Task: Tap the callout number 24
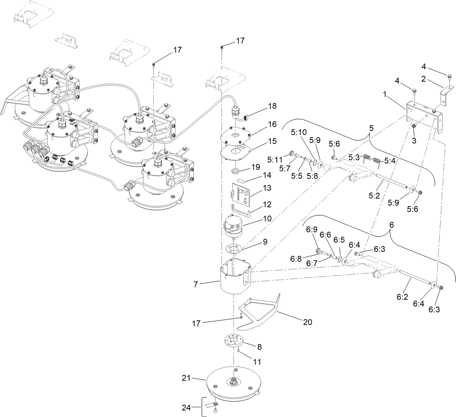pyautogui.click(x=186, y=408)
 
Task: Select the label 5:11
pyautogui.click(x=275, y=160)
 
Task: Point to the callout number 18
pyautogui.click(x=272, y=106)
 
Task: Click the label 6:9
pyautogui.click(x=312, y=230)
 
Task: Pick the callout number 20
pyautogui.click(x=307, y=322)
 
